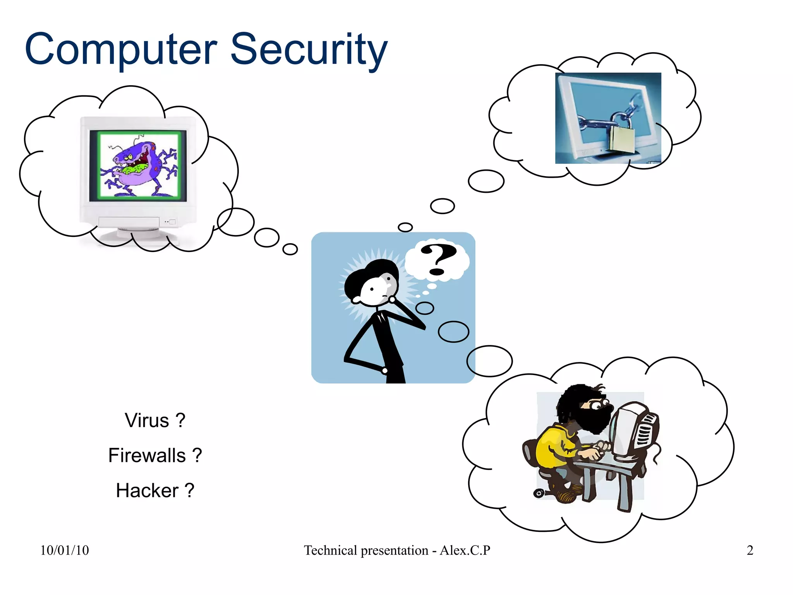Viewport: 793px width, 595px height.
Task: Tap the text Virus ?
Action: pos(155,420)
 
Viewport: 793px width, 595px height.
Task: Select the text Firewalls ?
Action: pos(155,455)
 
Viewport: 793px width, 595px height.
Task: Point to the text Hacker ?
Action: pos(155,490)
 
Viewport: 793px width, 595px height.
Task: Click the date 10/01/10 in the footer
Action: pos(64,550)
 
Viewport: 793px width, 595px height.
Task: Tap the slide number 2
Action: pos(750,550)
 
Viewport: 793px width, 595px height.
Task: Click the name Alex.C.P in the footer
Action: pos(465,550)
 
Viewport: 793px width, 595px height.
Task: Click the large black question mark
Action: pos(438,259)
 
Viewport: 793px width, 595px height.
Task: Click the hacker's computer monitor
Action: pos(635,430)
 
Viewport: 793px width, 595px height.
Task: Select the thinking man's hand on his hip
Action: pos(384,370)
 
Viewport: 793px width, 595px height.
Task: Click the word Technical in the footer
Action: pos(330,550)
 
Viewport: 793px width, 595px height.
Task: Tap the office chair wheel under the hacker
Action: pos(539,493)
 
